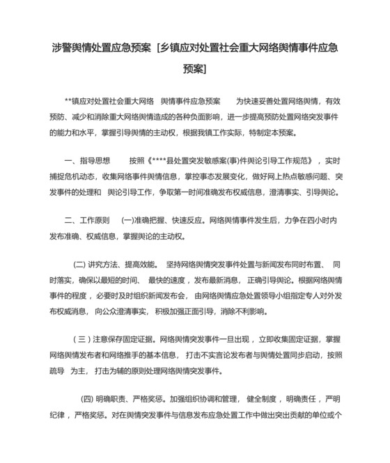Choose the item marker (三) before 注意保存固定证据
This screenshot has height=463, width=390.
coord(80,340)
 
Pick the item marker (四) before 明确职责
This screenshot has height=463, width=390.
coord(88,400)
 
